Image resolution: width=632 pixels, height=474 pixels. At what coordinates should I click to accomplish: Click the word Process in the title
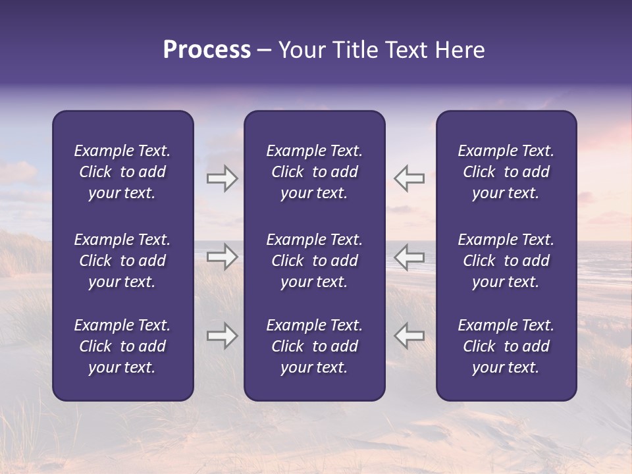[207, 50]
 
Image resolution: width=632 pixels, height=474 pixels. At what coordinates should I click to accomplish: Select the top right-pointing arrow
[223, 178]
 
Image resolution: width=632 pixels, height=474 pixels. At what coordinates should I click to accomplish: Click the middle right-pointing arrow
[223, 257]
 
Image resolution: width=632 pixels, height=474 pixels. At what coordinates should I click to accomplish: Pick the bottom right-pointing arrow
[223, 336]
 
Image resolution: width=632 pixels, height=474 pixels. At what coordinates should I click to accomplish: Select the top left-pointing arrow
[409, 178]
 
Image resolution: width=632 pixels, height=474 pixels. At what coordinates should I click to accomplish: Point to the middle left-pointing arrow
[409, 257]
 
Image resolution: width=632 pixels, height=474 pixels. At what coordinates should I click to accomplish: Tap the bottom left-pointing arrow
[409, 336]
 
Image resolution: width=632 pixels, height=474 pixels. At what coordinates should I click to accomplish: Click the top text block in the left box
[122, 172]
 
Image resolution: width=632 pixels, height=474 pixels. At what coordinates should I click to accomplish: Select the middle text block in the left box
[122, 261]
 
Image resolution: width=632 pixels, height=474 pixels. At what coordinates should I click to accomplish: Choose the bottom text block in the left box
[122, 346]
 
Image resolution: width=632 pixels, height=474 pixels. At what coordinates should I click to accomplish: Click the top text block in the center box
[314, 172]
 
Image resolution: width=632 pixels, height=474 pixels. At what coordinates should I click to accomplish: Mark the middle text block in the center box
[314, 261]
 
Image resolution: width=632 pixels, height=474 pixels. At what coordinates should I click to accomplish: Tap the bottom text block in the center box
[314, 346]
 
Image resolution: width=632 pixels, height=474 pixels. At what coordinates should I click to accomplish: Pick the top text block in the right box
[506, 172]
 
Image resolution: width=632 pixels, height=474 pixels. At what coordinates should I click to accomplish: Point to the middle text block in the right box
[506, 261]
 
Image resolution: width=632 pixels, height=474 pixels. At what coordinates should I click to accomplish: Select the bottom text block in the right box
[506, 346]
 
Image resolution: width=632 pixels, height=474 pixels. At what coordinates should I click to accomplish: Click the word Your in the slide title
[302, 50]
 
